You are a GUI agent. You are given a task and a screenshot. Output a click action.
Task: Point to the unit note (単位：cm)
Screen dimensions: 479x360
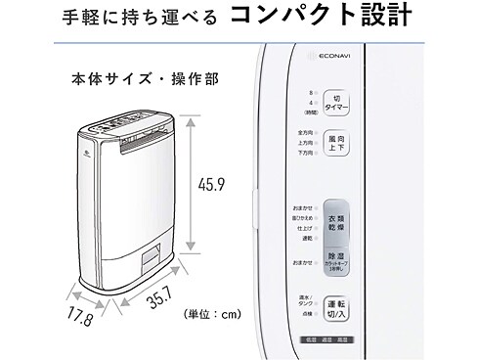(x=212, y=315)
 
